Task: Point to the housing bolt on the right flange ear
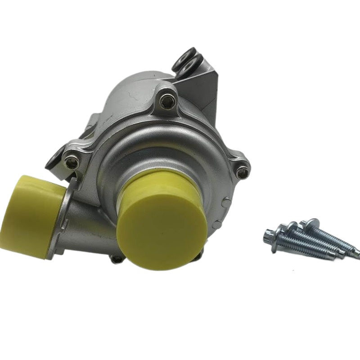pyautogui.click(x=242, y=171)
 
